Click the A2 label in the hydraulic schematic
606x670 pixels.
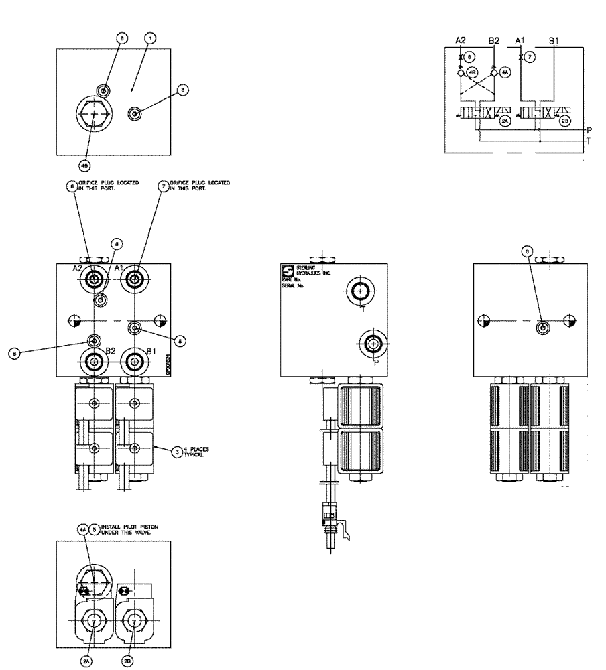(461, 41)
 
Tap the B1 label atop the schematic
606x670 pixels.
(554, 41)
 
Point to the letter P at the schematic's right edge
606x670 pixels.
(589, 130)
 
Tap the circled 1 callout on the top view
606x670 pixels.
(150, 38)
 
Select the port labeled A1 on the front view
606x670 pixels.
(136, 279)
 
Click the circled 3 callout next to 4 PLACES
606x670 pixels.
(176, 452)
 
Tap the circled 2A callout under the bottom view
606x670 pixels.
(86, 661)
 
